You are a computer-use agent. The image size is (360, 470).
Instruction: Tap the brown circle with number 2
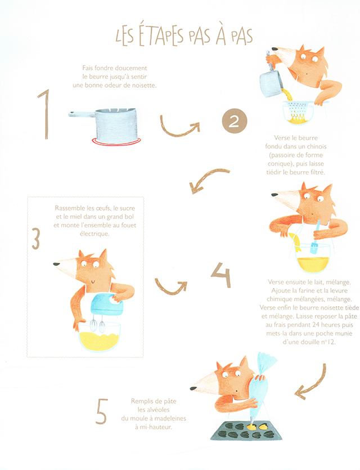(234, 121)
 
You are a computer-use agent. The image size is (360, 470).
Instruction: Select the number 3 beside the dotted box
(35, 239)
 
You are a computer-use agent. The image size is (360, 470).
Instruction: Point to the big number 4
(221, 275)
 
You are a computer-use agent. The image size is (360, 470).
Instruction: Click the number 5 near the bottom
(101, 411)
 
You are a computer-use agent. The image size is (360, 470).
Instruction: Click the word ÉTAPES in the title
(161, 35)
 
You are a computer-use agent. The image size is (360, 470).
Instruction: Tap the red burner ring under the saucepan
(116, 141)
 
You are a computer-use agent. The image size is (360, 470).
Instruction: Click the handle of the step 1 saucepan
(82, 114)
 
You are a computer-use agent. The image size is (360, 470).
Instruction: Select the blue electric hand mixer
(107, 305)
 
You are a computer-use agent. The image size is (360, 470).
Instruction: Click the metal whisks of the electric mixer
(98, 324)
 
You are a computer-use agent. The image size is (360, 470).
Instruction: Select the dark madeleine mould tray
(246, 431)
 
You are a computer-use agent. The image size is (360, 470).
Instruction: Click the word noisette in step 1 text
(144, 85)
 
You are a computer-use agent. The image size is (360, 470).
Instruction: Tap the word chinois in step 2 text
(316, 146)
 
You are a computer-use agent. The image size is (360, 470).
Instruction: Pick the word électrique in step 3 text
(94, 234)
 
